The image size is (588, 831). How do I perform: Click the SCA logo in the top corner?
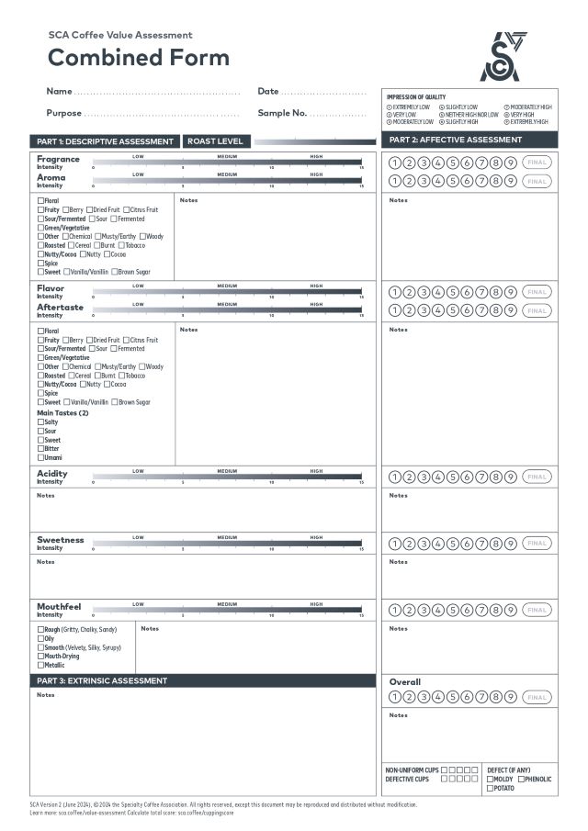pos(503,57)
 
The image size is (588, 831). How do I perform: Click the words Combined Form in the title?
pos(139,57)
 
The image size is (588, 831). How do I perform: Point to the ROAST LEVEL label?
pos(216,141)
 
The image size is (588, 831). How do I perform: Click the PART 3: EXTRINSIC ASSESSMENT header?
pos(102,681)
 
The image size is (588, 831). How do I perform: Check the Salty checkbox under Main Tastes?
pos(40,422)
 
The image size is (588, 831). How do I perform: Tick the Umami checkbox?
pos(40,457)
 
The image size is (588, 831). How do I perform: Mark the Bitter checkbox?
pos(40,449)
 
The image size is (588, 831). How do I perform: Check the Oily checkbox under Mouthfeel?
pos(40,639)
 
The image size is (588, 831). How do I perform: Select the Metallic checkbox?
pos(40,665)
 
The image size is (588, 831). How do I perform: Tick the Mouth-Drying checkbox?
pos(40,657)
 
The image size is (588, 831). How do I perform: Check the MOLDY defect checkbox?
pos(490,780)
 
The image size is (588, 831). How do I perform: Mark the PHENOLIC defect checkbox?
pos(522,780)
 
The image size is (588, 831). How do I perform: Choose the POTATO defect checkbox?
pos(490,788)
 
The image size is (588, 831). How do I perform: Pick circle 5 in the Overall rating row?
pos(453,698)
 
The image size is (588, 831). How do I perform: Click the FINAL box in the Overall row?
pos(537,698)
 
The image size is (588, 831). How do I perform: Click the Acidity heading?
pos(51,474)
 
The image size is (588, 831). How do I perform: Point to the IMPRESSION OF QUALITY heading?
pos(415,97)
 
